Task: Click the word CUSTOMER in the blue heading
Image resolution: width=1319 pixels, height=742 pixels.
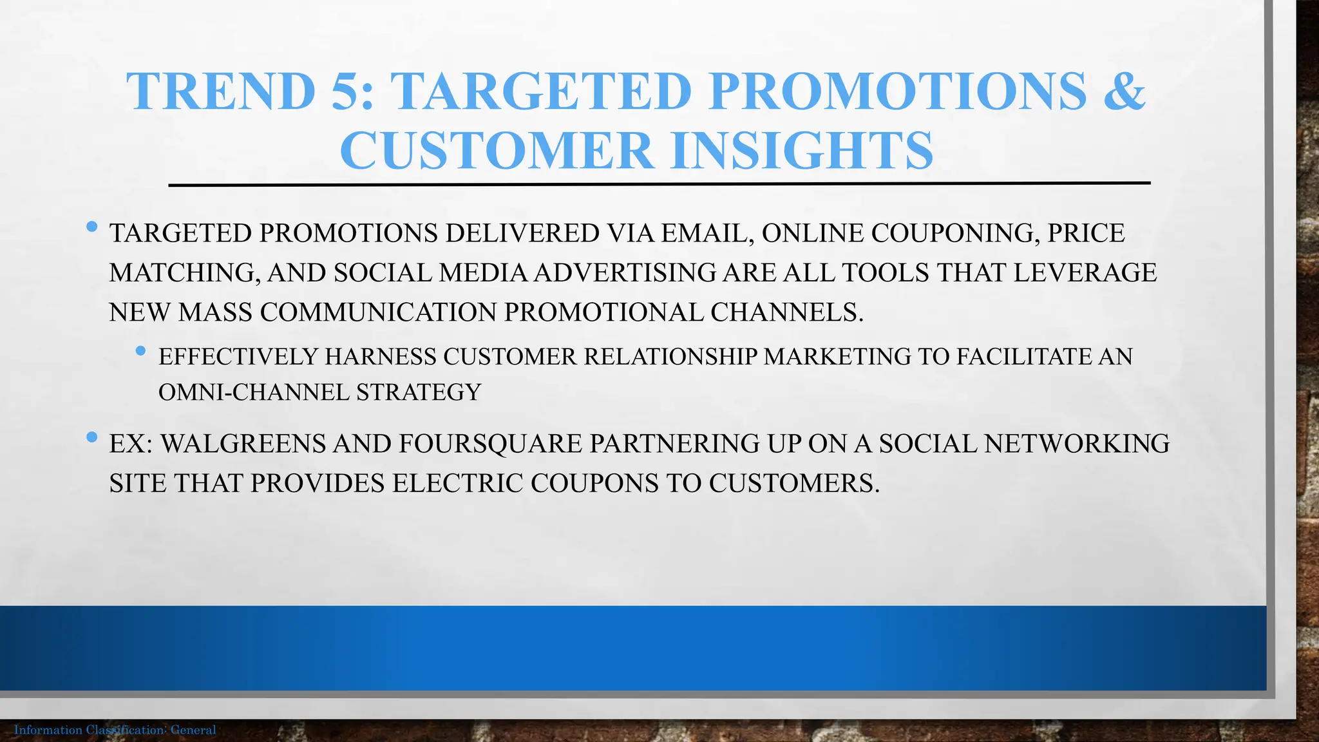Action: (496, 151)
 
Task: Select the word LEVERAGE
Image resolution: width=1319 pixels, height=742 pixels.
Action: (1085, 273)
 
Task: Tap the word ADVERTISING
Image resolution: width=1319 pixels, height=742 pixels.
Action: (624, 273)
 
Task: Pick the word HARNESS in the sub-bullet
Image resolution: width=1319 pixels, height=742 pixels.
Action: (381, 357)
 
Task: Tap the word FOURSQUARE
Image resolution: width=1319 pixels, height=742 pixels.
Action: (490, 444)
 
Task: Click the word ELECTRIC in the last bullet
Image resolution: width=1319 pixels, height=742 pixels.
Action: (458, 484)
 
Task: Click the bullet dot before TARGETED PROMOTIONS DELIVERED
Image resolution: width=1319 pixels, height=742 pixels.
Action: (91, 227)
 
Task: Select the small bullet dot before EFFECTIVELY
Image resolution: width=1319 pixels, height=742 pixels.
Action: (141, 351)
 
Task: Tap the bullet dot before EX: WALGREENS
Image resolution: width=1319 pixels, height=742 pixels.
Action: (91, 438)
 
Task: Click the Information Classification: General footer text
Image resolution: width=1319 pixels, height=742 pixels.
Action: (115, 730)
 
